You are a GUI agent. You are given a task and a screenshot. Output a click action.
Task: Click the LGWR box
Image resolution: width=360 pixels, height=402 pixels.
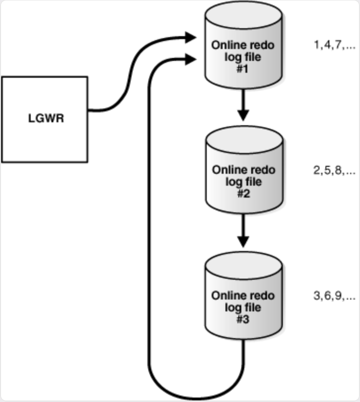click(x=45, y=119)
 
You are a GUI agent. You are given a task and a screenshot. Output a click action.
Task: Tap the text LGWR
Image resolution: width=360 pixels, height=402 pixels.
click(x=45, y=119)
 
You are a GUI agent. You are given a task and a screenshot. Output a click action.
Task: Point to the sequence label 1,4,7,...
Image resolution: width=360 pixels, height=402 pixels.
click(x=334, y=46)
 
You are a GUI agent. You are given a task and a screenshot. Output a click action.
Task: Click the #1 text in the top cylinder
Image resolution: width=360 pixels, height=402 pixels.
click(x=243, y=68)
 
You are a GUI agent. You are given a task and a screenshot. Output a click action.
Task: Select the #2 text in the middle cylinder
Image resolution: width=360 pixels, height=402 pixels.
click(x=243, y=194)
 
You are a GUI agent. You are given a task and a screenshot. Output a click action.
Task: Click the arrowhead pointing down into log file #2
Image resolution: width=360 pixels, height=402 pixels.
click(x=243, y=116)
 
